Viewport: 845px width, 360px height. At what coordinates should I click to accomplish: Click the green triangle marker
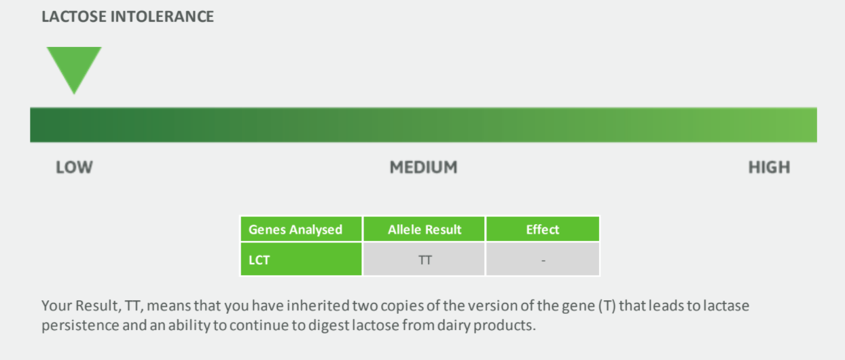(73, 66)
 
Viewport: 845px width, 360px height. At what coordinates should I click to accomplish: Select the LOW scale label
(74, 167)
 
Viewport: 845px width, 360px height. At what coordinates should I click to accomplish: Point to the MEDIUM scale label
(423, 167)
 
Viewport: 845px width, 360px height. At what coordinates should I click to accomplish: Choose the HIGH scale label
(769, 167)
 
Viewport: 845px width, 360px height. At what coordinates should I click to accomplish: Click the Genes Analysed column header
(295, 230)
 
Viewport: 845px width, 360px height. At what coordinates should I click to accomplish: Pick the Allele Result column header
(425, 230)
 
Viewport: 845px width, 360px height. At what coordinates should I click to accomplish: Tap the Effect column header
(543, 230)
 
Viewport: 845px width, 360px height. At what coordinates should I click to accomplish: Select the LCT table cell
(259, 259)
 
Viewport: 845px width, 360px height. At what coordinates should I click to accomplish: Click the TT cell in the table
(425, 259)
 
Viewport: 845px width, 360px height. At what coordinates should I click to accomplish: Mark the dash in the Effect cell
(543, 260)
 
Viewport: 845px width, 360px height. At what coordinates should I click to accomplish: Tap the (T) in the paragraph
(607, 306)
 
